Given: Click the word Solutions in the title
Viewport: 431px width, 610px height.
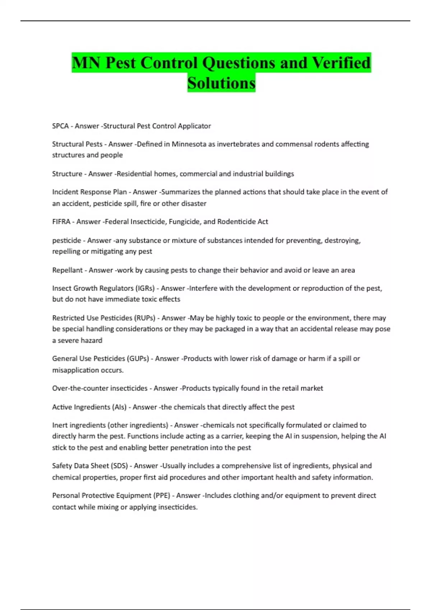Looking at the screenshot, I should pos(221,83).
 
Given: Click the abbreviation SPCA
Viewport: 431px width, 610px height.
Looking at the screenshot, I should pos(60,126).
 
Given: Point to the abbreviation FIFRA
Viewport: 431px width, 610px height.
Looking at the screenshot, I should pos(61,222).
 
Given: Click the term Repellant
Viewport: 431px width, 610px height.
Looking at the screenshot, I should pos(67,270).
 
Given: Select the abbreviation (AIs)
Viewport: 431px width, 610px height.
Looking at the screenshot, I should pos(120,407).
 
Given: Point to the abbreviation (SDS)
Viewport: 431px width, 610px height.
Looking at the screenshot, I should pos(120,466).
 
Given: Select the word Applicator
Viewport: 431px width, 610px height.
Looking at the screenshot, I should pos(193,126).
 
